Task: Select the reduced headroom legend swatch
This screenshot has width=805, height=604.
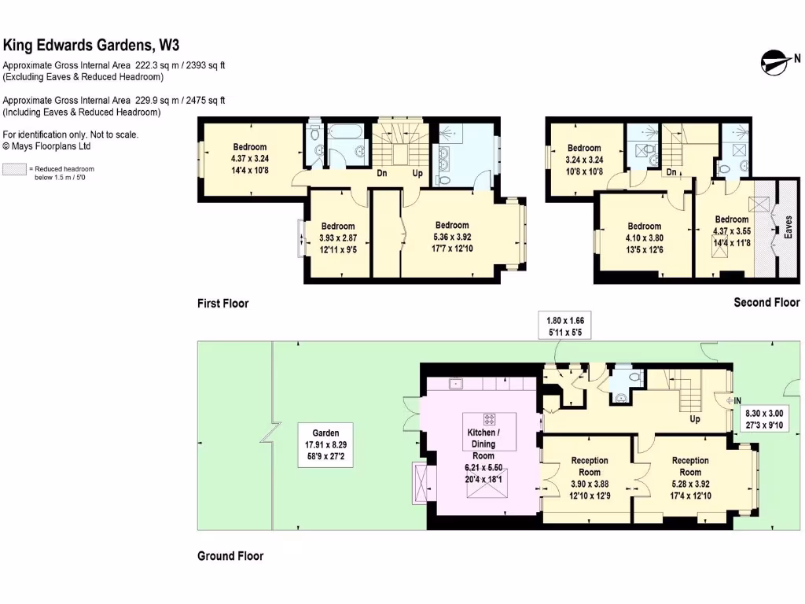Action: [15, 169]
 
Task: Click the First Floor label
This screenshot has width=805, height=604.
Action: [222, 304]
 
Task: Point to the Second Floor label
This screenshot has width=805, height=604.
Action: [766, 302]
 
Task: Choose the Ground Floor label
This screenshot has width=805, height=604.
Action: [230, 556]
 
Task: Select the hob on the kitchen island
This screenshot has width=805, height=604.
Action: [489, 418]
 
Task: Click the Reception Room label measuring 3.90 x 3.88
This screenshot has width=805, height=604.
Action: [590, 477]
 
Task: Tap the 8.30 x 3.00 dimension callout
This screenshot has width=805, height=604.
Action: [764, 419]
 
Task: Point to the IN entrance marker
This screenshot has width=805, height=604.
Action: [736, 400]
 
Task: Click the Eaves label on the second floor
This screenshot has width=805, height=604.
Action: [788, 228]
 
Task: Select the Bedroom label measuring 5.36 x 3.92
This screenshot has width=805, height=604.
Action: [452, 237]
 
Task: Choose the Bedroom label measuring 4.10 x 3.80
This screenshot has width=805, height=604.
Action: [644, 238]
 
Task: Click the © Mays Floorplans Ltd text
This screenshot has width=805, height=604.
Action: [46, 146]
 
